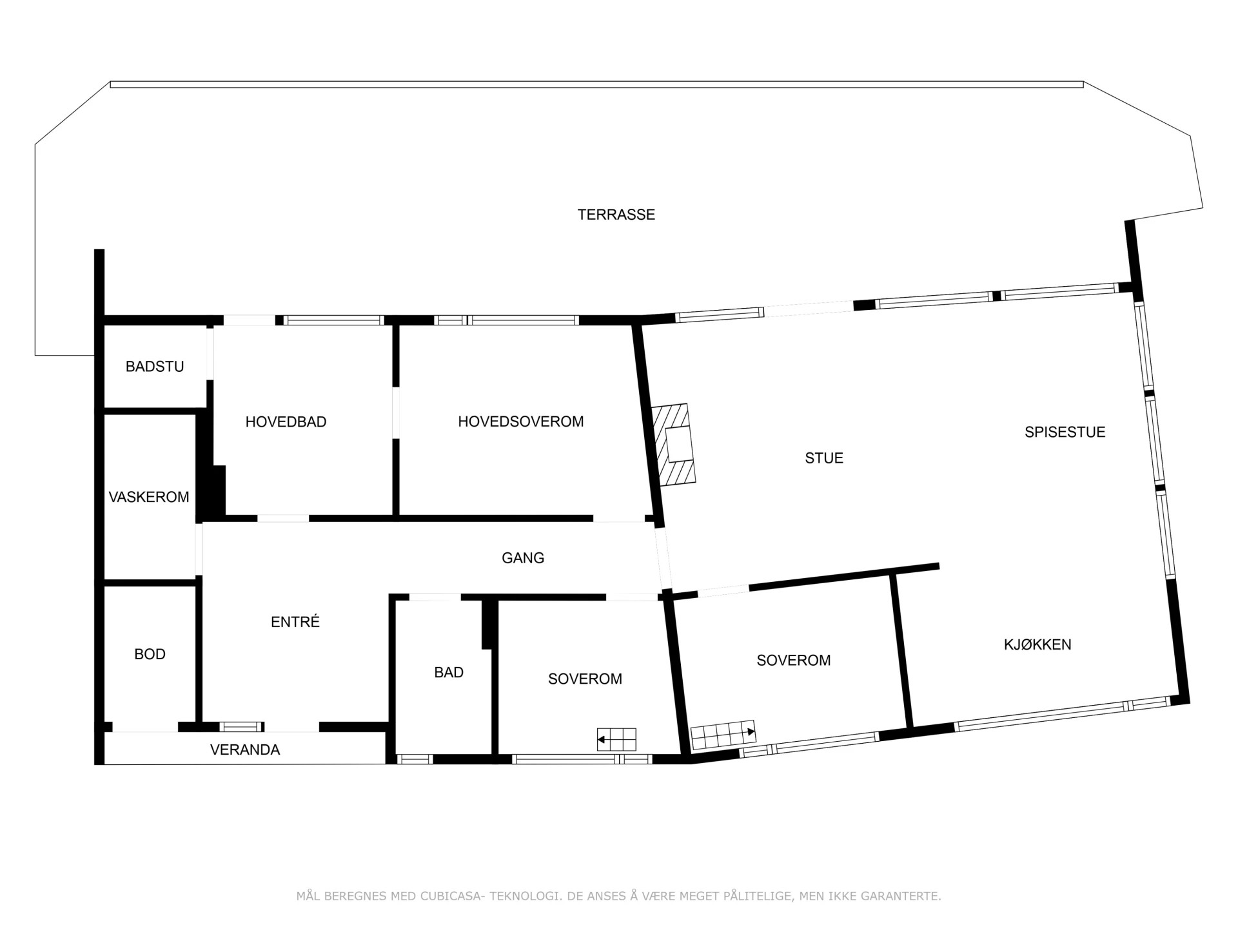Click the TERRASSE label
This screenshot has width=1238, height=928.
(x=616, y=215)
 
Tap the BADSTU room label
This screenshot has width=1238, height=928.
(x=155, y=367)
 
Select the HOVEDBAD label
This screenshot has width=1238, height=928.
(x=286, y=422)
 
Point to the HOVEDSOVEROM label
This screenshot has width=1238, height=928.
(x=520, y=421)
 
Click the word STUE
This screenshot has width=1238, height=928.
(x=824, y=458)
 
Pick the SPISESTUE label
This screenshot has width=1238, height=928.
(x=1065, y=432)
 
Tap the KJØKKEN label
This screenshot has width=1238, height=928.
(x=1037, y=644)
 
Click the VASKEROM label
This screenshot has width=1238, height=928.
(x=149, y=498)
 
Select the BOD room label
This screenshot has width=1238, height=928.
(x=150, y=655)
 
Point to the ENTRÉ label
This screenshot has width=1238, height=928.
(x=295, y=622)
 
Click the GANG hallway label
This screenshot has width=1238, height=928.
(x=523, y=558)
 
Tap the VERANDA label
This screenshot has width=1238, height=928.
(x=245, y=750)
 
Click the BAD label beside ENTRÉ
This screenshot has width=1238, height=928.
(x=449, y=673)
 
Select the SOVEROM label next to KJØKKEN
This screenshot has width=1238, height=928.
(x=793, y=661)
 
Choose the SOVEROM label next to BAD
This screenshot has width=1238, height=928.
(x=585, y=679)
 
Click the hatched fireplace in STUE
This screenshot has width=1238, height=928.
(x=674, y=444)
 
